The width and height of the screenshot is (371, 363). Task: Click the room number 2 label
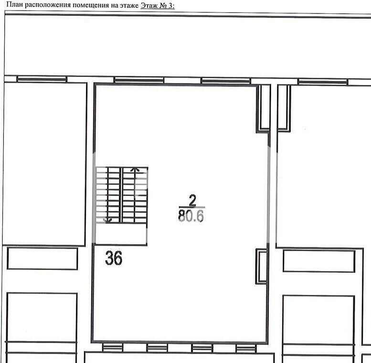point(192,200)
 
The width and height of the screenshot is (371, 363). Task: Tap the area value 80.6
point(191,216)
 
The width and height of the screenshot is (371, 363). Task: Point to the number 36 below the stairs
point(114,258)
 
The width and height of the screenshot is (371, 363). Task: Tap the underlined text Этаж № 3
point(158,5)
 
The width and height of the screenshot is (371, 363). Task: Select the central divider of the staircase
point(121,195)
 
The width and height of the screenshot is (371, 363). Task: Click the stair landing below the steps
point(121,234)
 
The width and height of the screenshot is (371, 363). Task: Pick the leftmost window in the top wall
point(42,79)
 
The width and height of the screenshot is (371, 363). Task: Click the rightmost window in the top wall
point(323,82)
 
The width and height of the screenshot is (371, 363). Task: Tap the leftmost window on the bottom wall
point(113,348)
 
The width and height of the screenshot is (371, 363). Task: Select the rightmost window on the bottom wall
point(246,348)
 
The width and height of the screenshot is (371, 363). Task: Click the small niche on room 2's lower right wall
point(262,266)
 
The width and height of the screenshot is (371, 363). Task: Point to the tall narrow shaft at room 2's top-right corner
point(264,108)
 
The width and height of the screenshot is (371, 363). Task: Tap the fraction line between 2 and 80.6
point(192,207)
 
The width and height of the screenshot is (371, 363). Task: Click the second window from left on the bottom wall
point(157,348)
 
